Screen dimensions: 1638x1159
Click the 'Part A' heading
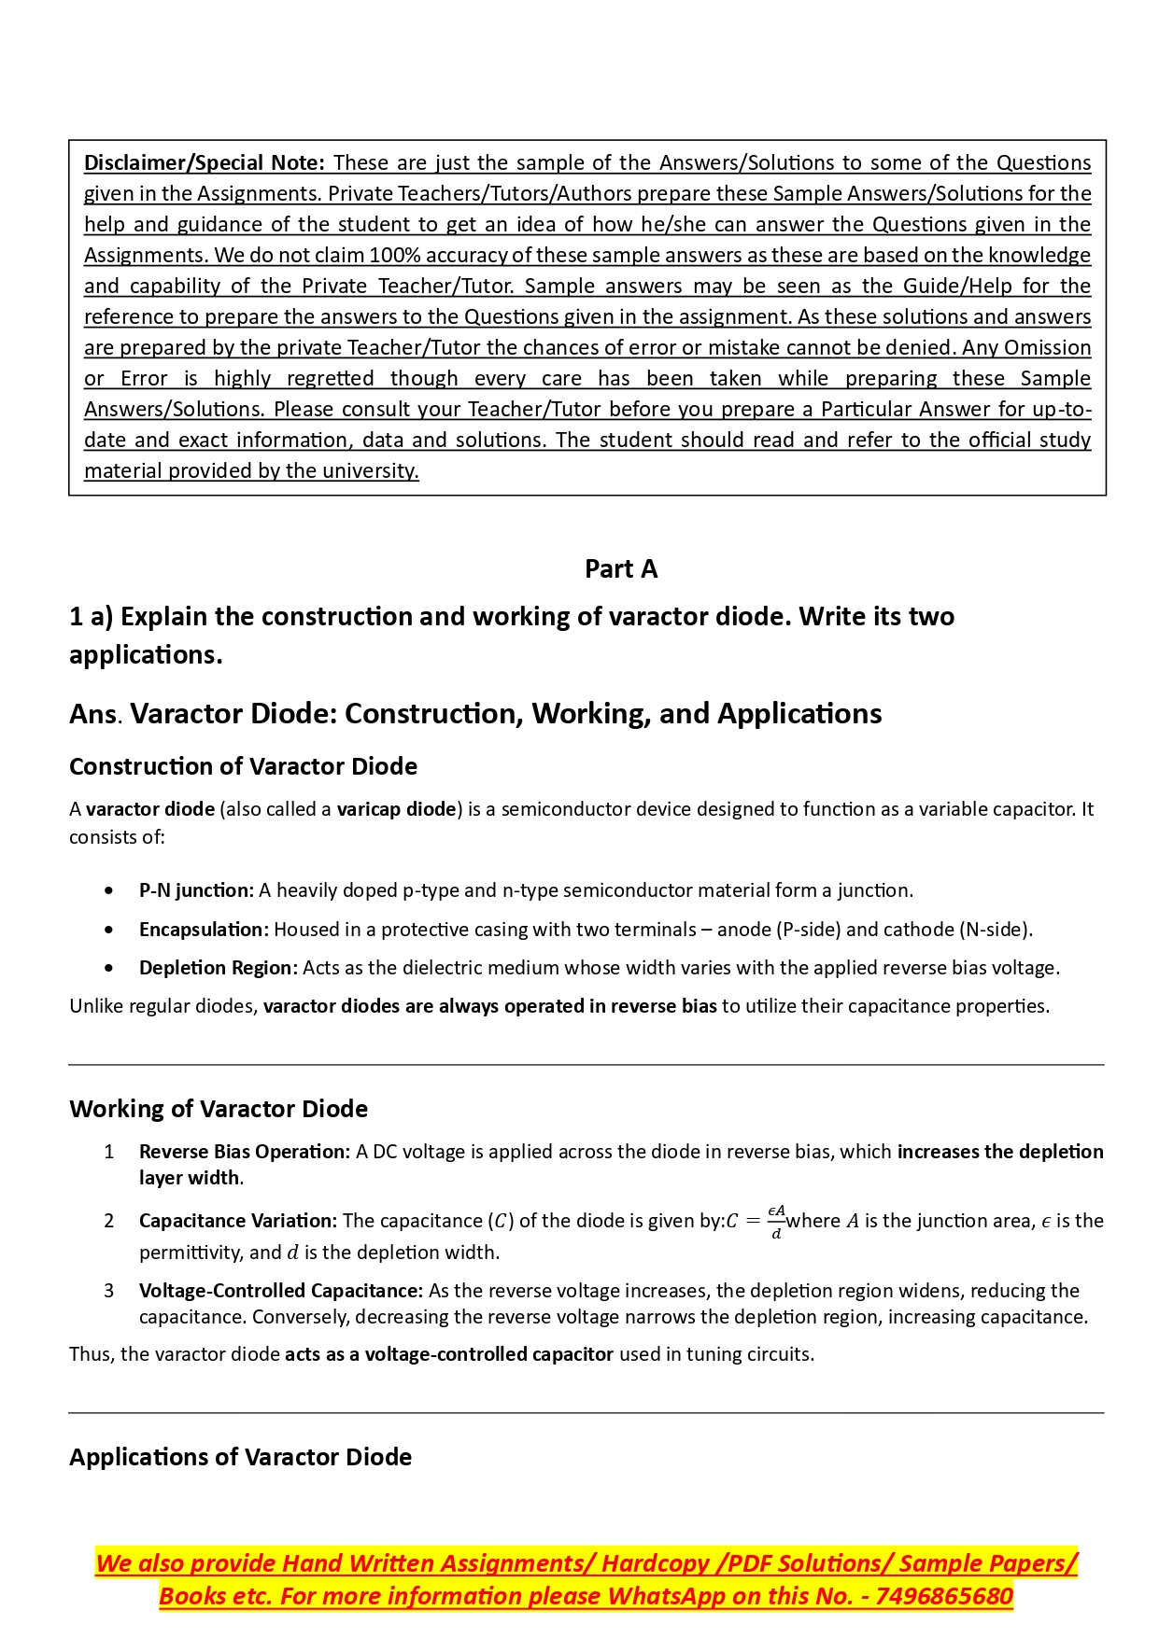621,568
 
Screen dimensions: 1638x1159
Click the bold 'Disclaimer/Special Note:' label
205,162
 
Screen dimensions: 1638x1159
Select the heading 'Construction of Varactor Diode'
243,766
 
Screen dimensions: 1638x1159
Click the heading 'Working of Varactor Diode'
219,1109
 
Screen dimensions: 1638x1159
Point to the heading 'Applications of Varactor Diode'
240,1457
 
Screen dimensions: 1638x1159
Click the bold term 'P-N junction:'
196,890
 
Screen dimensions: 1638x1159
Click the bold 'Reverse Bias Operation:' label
245,1152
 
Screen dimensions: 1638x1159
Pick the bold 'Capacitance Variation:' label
237,1221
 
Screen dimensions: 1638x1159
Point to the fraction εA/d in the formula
776,1222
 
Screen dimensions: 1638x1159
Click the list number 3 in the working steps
109,1291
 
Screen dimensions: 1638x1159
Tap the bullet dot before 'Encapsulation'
110,930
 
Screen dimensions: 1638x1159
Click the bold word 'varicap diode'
396,809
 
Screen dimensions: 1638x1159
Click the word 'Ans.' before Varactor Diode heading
96,715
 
